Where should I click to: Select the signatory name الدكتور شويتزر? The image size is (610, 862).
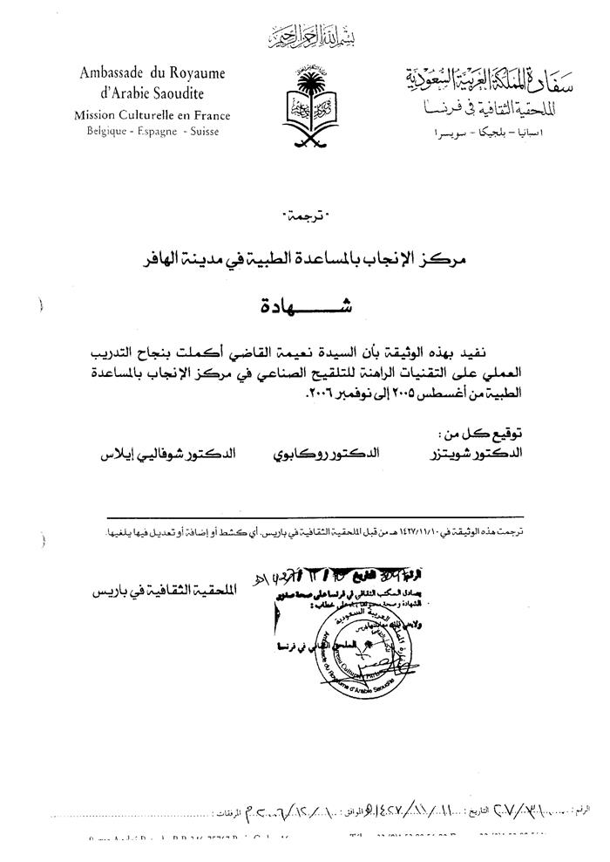pos(478,455)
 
